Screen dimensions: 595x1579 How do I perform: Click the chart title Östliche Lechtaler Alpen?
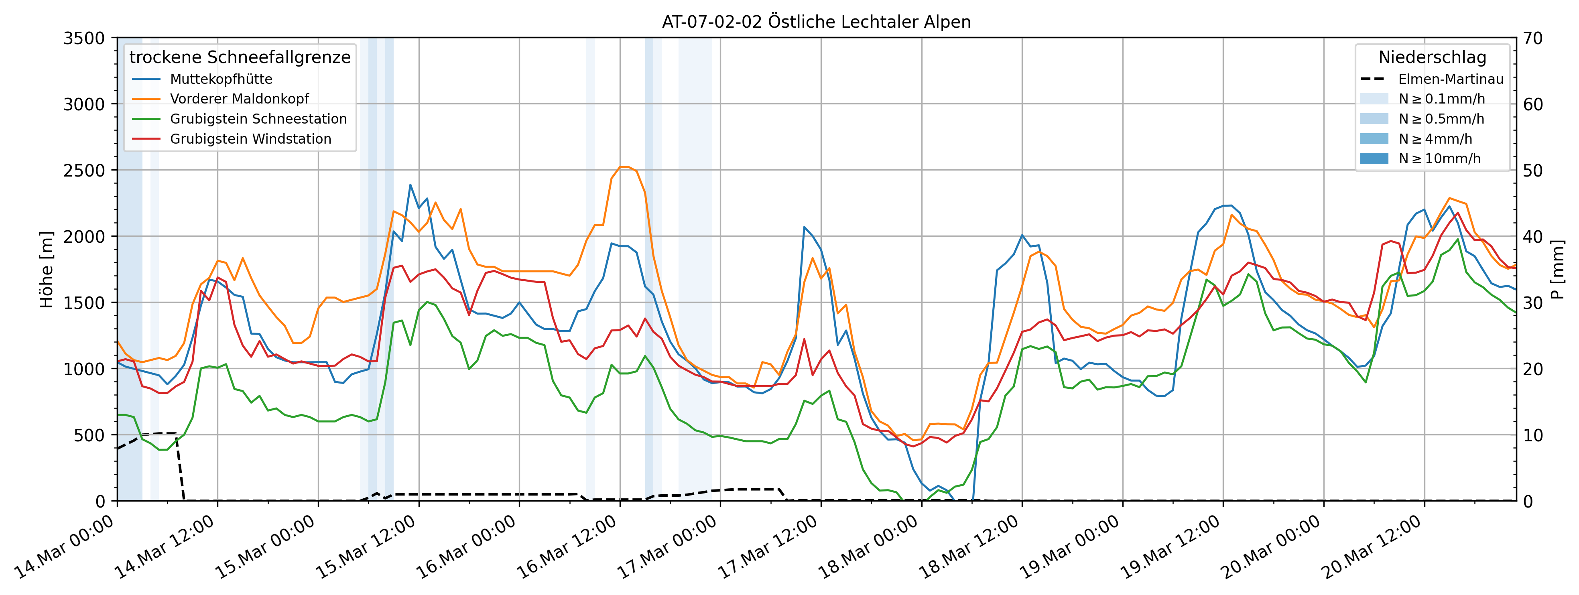[x=816, y=22]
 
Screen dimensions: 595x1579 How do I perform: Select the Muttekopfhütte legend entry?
[x=221, y=79]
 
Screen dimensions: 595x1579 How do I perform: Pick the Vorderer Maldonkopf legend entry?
[x=239, y=99]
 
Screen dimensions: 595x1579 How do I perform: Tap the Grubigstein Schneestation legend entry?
[x=258, y=119]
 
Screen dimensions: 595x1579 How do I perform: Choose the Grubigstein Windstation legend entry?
[x=250, y=139]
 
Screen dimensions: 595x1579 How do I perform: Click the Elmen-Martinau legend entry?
[x=1450, y=79]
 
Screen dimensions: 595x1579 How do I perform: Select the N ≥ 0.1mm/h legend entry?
[x=1441, y=99]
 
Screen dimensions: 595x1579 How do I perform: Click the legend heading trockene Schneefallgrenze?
[x=240, y=57]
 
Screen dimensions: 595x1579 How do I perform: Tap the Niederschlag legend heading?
[x=1432, y=57]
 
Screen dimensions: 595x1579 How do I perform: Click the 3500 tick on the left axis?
[x=84, y=38]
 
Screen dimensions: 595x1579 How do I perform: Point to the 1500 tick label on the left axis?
[x=84, y=303]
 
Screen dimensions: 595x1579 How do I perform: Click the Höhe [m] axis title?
[x=47, y=270]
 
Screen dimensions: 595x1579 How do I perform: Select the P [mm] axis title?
[x=1557, y=270]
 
